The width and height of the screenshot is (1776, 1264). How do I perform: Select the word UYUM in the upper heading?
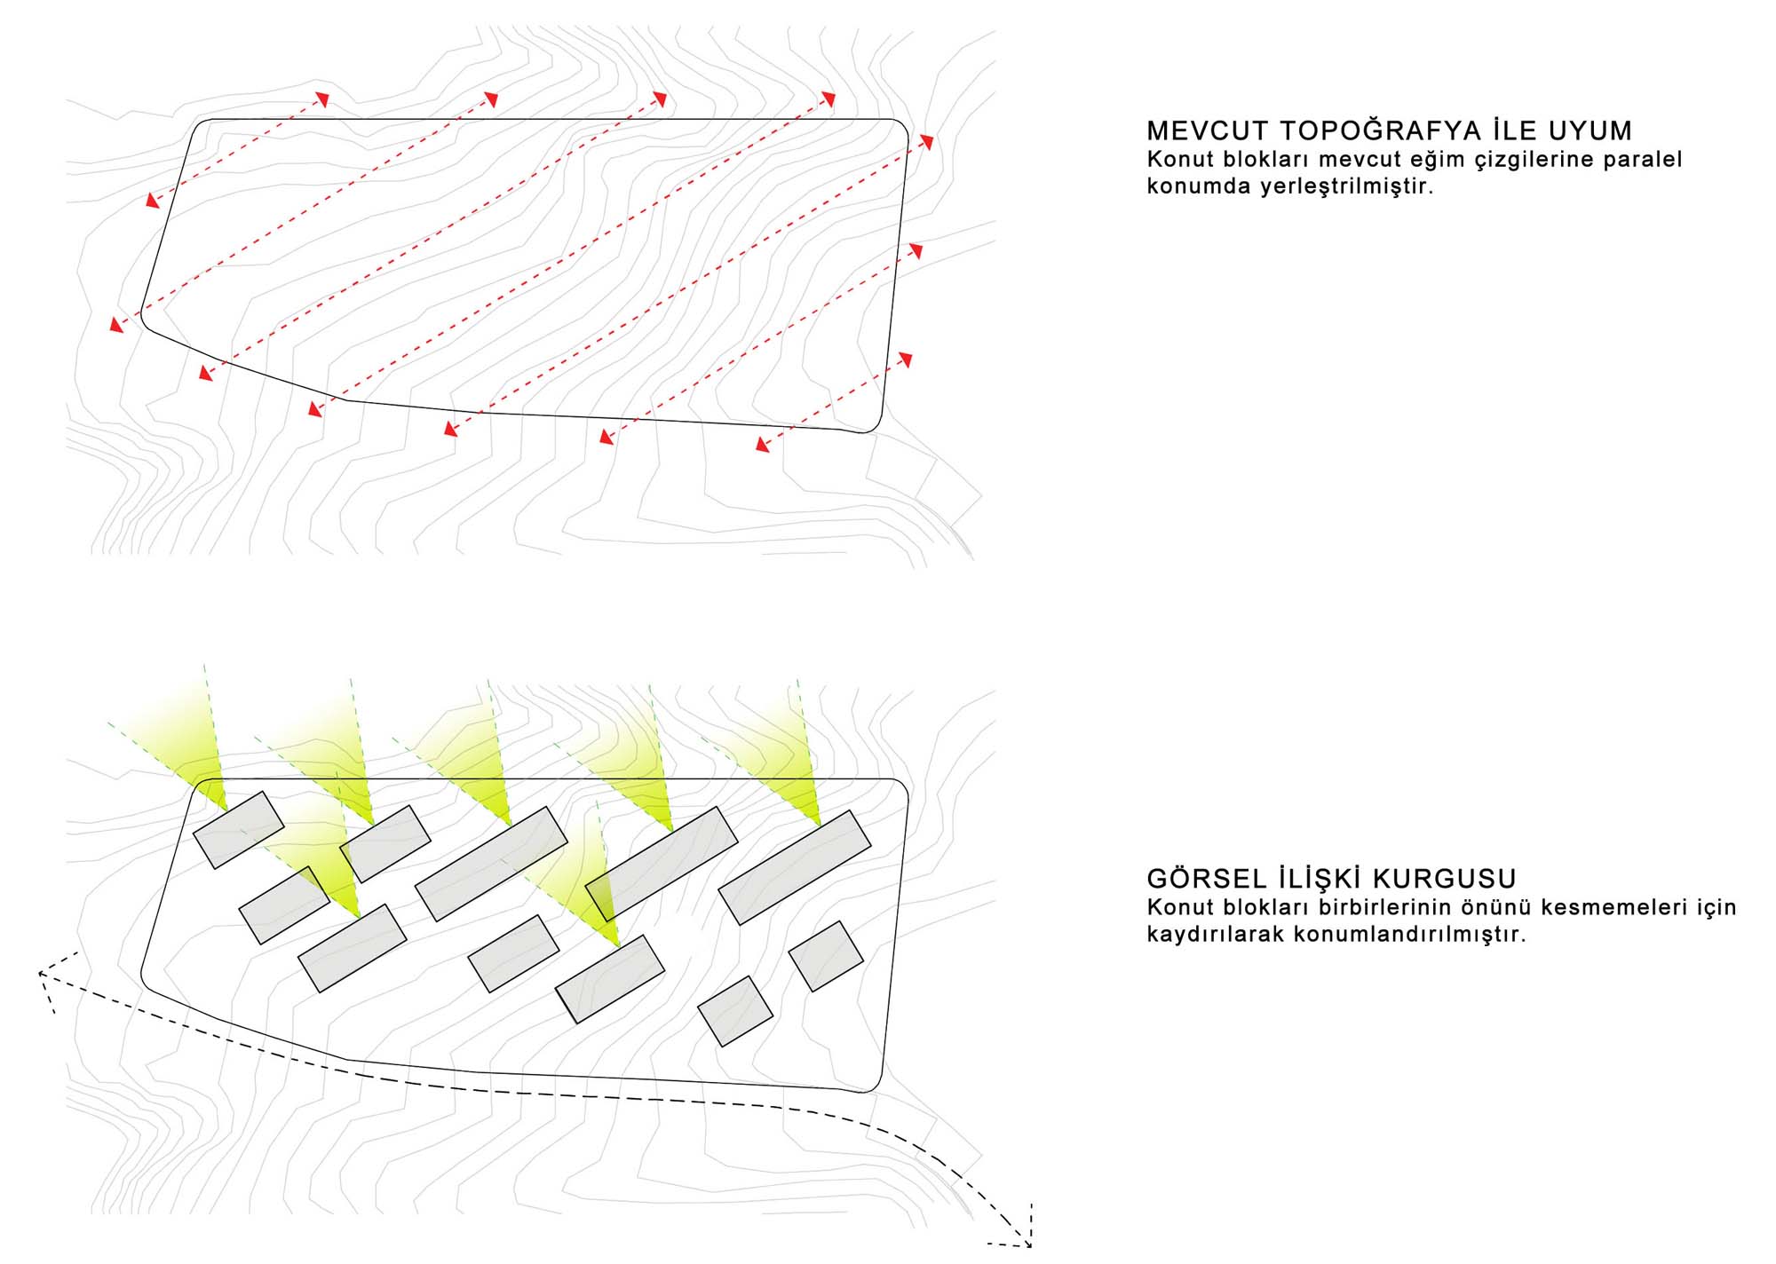coord(1590,131)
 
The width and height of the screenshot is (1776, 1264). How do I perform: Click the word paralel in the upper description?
coord(1642,160)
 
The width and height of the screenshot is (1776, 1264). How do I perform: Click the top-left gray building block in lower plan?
coord(238,829)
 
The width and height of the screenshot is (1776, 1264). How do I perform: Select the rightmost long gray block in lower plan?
coord(794,867)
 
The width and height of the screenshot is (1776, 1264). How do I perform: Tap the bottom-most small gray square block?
coord(734,1011)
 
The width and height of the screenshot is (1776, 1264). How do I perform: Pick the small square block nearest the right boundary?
coord(826,956)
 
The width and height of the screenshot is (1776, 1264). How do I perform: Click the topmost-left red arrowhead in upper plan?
coord(323,98)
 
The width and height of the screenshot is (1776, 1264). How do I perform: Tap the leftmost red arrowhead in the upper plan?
coord(116,325)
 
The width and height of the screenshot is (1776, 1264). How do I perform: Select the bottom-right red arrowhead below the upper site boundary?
coord(762,444)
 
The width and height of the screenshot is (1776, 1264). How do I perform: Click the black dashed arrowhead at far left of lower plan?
coord(42,975)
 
